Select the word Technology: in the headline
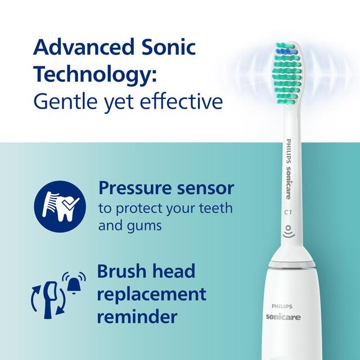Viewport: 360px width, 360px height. [x=93, y=75]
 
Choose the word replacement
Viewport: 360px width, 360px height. [x=151, y=294]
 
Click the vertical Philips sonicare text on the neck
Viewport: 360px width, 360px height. [x=289, y=169]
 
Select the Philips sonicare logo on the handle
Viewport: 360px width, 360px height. [x=283, y=312]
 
